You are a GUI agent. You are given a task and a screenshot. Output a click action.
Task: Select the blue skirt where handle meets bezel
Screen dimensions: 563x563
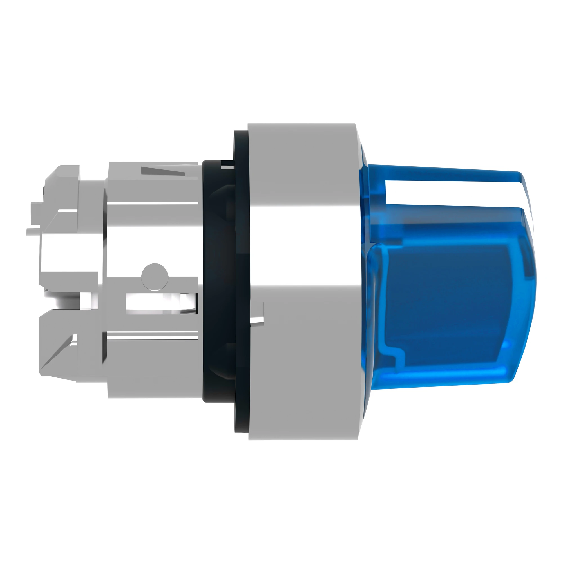point(364,262)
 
